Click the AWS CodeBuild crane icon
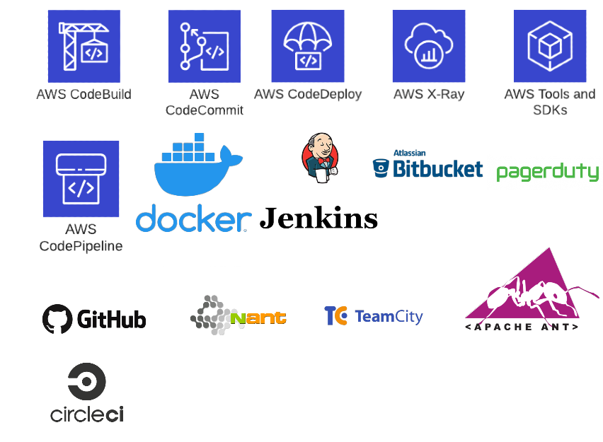point(84,46)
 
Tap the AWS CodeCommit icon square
point(204,46)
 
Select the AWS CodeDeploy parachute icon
point(307,46)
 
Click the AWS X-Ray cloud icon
point(428,46)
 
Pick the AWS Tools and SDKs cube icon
point(549,46)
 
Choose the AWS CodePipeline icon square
point(81,178)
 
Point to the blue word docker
point(192,219)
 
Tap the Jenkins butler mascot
point(318,157)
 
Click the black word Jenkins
point(318,218)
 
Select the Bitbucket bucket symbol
point(381,168)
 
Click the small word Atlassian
point(409,153)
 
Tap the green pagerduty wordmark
point(547,172)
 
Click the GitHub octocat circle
point(57,319)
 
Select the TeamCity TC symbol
point(335,316)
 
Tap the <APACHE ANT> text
point(522,327)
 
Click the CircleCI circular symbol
point(87,382)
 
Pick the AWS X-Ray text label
point(428,94)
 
